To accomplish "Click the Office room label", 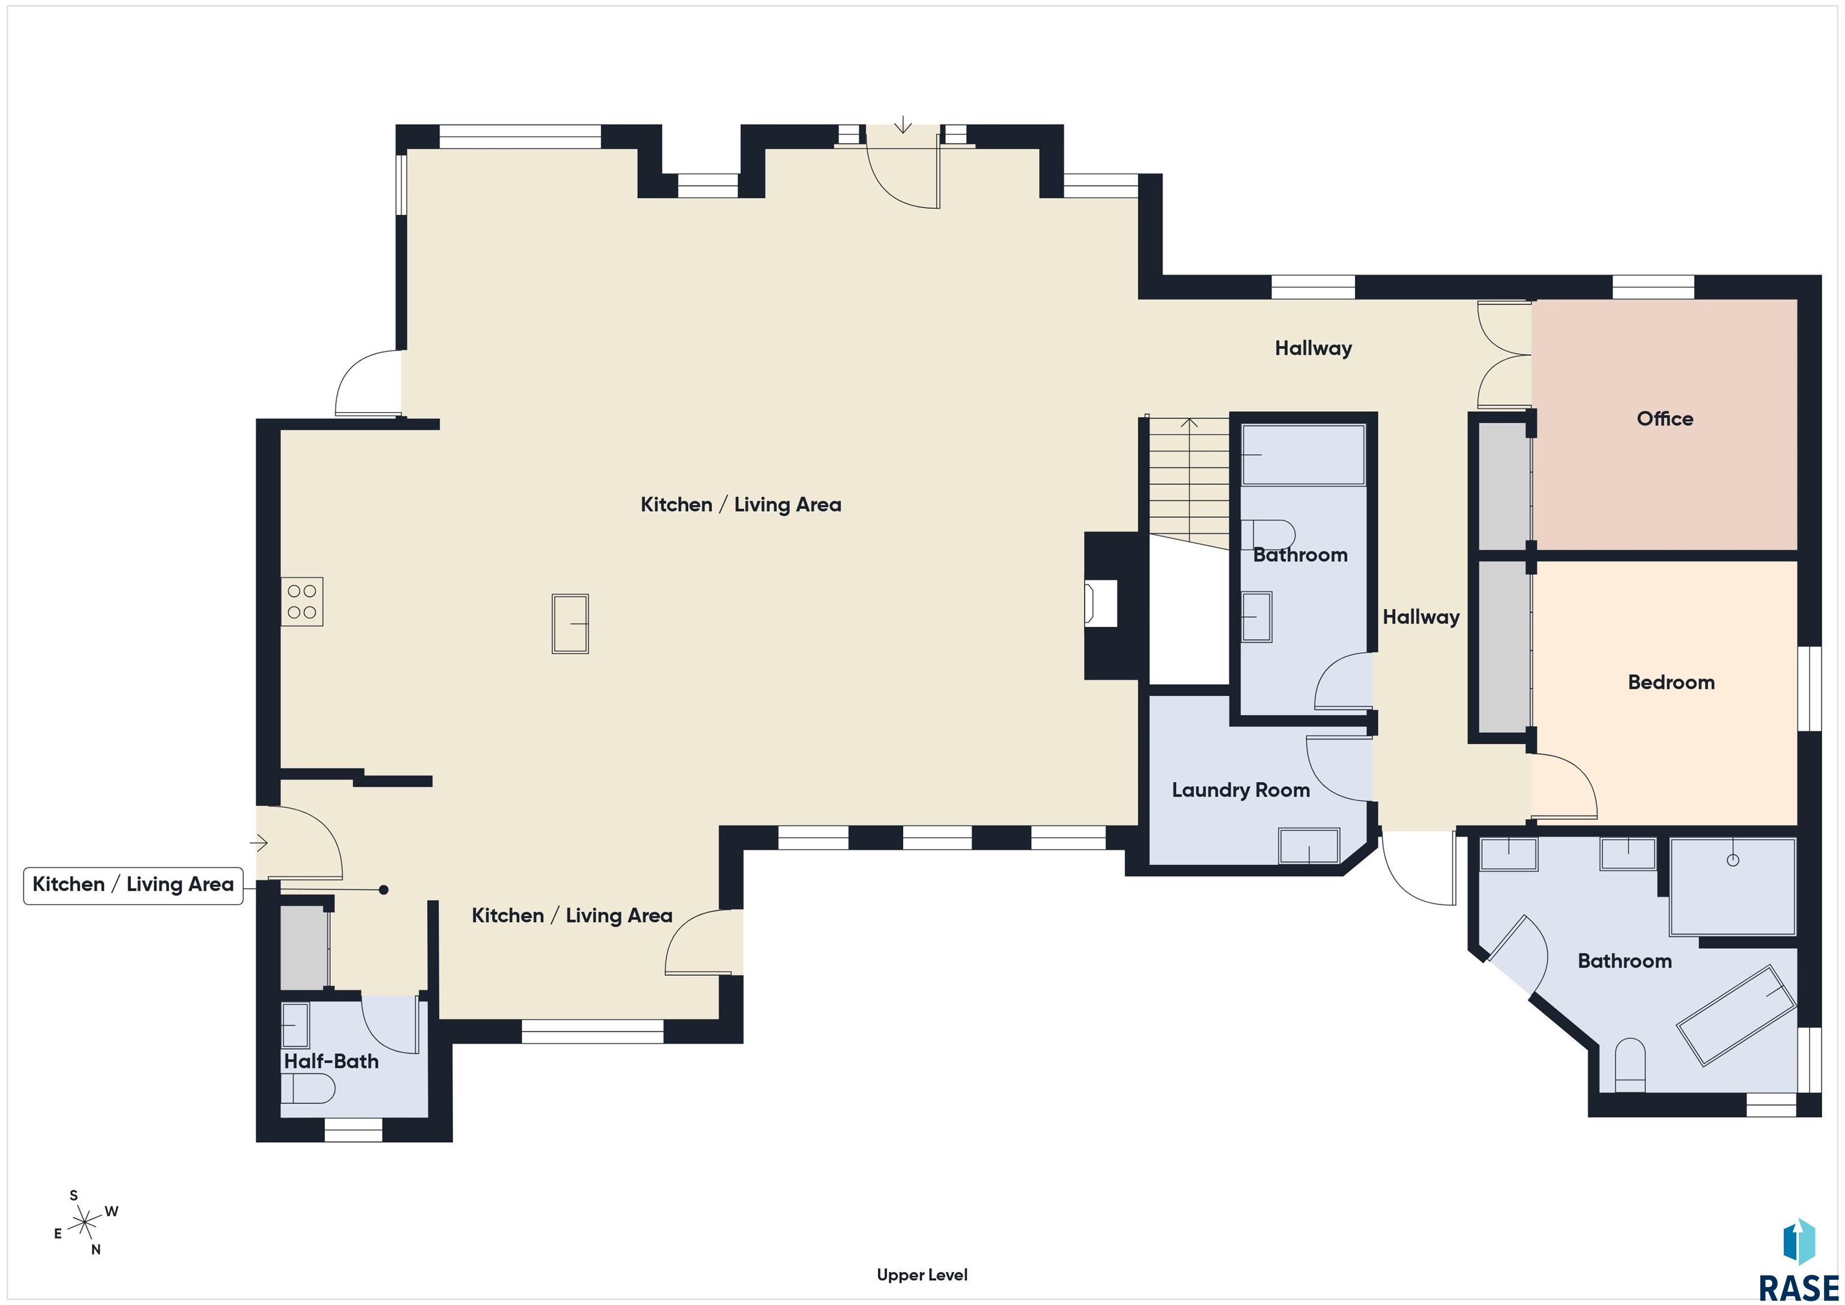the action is (1664, 419).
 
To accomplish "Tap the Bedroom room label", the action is (1671, 682).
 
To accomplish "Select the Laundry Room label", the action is (1240, 790).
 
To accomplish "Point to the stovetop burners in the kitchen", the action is (302, 601).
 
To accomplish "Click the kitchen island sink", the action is (570, 623).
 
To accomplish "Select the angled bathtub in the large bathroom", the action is (1736, 1016).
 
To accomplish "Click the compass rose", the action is (84, 1224).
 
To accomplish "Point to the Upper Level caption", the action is (922, 1274).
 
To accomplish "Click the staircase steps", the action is (1188, 482).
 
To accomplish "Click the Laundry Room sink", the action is (1309, 846).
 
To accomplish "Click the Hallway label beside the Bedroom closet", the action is (1421, 617).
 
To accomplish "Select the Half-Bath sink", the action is (295, 1025).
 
